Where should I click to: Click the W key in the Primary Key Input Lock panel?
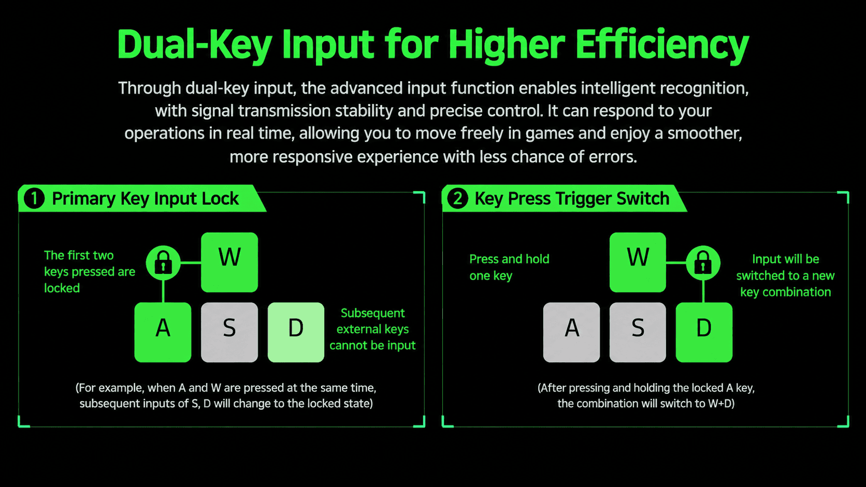(x=229, y=262)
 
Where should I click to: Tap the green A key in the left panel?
(x=163, y=332)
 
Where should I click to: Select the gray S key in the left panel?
(x=229, y=332)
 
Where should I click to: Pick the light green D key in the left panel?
(x=296, y=332)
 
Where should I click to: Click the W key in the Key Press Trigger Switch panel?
(x=638, y=262)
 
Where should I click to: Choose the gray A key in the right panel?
(x=571, y=332)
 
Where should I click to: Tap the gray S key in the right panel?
(x=638, y=332)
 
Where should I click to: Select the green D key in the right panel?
(x=704, y=332)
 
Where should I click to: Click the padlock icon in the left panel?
(x=163, y=262)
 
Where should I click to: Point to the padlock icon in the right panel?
(x=703, y=262)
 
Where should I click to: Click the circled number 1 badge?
(x=34, y=198)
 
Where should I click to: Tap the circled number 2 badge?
(x=457, y=198)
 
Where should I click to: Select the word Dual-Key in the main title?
(x=195, y=46)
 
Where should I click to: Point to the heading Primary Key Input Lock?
(x=146, y=199)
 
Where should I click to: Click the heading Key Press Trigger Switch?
(x=572, y=199)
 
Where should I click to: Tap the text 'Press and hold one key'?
(x=509, y=267)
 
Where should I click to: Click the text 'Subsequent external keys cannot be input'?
(x=372, y=329)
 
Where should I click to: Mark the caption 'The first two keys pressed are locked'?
(x=89, y=272)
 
